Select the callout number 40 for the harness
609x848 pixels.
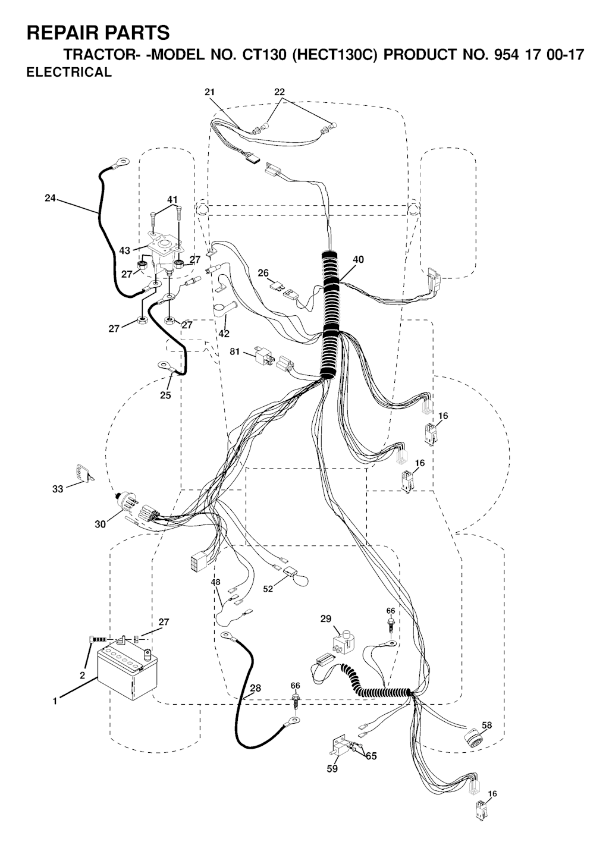click(x=358, y=259)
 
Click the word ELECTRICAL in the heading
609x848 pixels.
click(x=69, y=73)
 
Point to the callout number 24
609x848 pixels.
click(x=50, y=199)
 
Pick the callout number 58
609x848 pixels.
click(x=487, y=725)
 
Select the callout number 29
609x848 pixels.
click(x=326, y=619)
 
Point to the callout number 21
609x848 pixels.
click(x=209, y=92)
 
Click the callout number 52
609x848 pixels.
click(x=268, y=589)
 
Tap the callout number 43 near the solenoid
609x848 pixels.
click(x=125, y=251)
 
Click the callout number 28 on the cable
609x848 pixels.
click(x=255, y=688)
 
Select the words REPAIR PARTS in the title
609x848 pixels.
click(x=99, y=33)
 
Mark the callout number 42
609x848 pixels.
click(x=224, y=334)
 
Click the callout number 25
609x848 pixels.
click(x=165, y=395)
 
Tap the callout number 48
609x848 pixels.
click(x=215, y=582)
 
